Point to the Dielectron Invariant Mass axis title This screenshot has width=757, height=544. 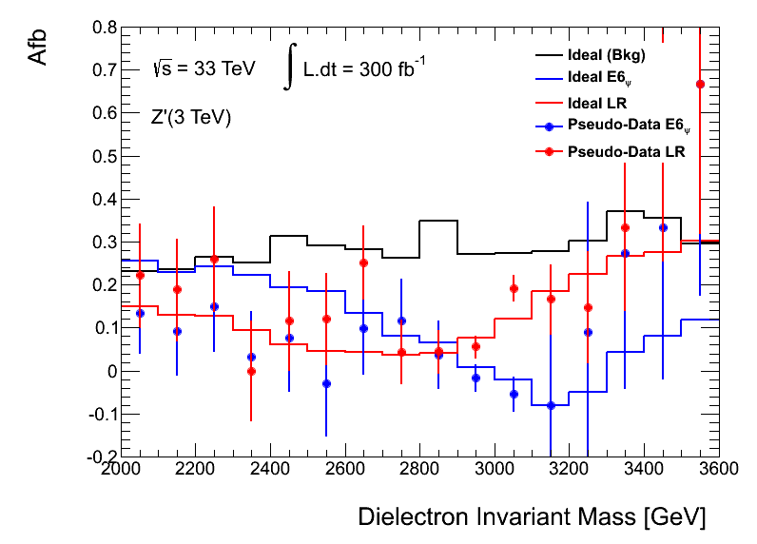point(532,517)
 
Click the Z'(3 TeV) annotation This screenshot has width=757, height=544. point(191,118)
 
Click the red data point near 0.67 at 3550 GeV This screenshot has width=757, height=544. point(700,84)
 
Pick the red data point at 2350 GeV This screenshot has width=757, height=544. point(251,371)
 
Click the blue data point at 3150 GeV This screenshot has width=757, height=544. point(551,405)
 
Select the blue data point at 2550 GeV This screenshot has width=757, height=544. point(326,383)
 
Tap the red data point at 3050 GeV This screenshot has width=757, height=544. point(514,288)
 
